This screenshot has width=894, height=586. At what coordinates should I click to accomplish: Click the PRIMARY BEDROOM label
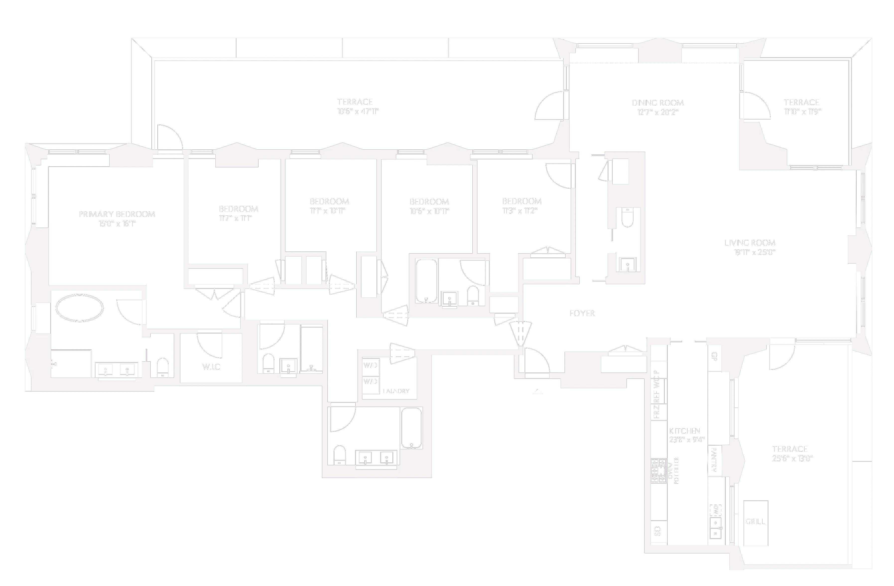tap(117, 214)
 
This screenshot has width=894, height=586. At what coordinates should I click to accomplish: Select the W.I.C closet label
tap(211, 367)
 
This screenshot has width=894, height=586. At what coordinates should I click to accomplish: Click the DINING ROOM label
tap(657, 103)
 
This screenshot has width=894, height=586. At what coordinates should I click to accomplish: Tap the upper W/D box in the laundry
tap(370, 365)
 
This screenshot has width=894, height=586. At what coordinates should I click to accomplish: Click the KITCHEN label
tap(684, 431)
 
